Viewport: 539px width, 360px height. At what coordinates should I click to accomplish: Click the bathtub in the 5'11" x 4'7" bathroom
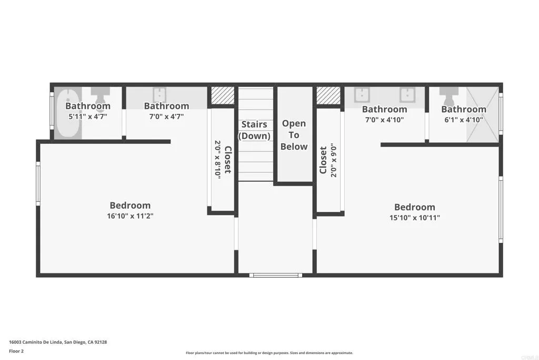click(67, 113)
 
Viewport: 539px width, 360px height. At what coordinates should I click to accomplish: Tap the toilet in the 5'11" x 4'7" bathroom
click(98, 95)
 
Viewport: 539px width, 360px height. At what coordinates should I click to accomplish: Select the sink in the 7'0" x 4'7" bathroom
click(159, 95)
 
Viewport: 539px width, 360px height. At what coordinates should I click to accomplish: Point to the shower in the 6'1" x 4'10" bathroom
click(483, 114)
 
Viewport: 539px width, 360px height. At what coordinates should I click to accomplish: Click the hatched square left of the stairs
click(223, 95)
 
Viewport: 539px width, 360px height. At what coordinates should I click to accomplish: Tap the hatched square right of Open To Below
click(328, 95)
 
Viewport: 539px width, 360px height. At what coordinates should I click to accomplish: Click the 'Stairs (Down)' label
click(254, 130)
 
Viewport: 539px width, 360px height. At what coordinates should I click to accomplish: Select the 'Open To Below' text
click(294, 135)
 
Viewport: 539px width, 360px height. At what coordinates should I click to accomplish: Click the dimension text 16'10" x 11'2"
click(130, 216)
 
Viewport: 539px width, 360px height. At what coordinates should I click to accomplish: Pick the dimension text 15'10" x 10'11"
click(415, 217)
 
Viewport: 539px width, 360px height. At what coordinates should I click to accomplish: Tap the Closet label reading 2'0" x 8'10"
click(223, 160)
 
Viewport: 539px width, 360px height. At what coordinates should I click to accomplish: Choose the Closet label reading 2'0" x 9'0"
click(328, 160)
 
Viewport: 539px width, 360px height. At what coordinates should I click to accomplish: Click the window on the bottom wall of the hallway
click(275, 275)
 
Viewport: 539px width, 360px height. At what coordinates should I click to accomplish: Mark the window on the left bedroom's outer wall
click(38, 182)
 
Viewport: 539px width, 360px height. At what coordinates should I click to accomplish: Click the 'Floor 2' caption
click(16, 351)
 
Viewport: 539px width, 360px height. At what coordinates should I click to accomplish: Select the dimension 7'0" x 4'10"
click(384, 120)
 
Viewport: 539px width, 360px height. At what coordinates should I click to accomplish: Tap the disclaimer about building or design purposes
click(269, 353)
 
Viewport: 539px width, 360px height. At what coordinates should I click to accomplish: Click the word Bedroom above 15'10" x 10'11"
click(415, 207)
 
